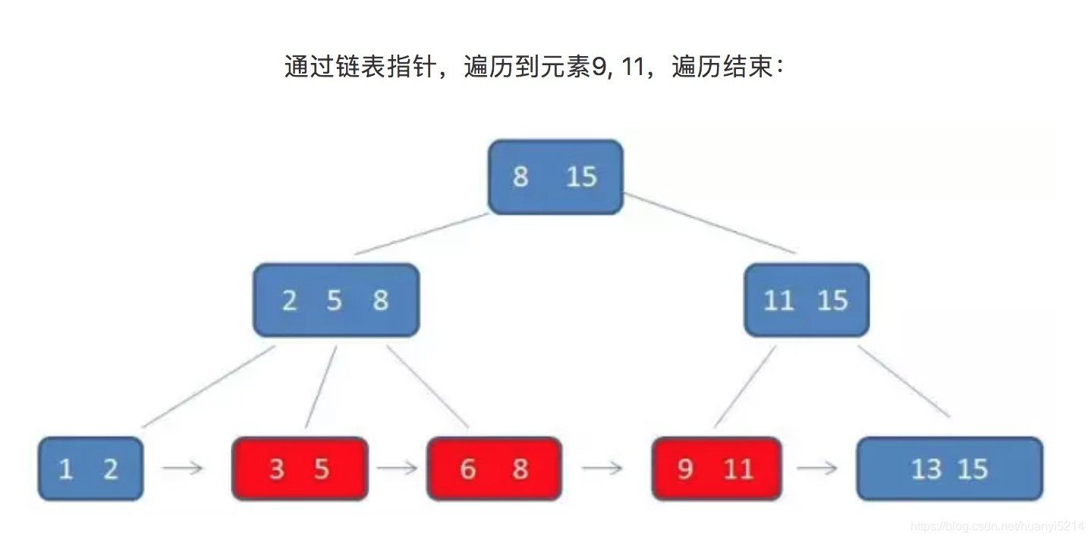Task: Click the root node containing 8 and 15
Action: (555, 177)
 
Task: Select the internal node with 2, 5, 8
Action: (335, 300)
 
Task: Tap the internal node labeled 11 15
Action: (806, 300)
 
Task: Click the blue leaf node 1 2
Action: (90, 469)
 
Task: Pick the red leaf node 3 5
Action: (300, 469)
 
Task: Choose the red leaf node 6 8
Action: (494, 469)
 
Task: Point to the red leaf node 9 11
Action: (716, 469)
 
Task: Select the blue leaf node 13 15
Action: (949, 469)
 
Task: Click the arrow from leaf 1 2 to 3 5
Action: (183, 469)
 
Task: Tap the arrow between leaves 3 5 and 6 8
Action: (398, 469)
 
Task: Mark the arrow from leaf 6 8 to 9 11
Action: (603, 469)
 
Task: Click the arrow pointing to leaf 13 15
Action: (817, 469)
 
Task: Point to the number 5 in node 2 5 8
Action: (335, 301)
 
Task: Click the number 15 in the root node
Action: (582, 177)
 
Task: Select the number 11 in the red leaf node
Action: (737, 469)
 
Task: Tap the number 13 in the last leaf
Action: (926, 469)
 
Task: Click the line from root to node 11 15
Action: (710, 224)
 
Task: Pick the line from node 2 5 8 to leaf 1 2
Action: (208, 387)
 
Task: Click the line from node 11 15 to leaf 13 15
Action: (904, 382)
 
